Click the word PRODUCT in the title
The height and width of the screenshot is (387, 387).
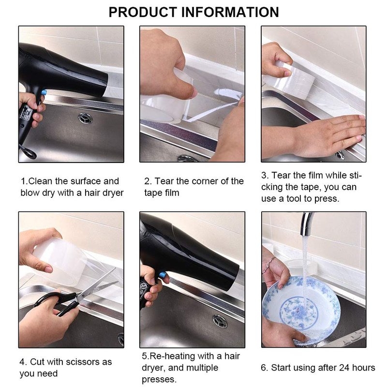(143, 12)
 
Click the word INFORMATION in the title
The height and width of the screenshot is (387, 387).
(230, 12)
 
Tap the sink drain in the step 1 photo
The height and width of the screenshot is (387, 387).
(86, 118)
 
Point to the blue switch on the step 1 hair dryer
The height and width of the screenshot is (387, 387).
(44, 93)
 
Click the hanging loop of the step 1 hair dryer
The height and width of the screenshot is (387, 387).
(29, 152)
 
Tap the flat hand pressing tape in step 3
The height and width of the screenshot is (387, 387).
(328, 137)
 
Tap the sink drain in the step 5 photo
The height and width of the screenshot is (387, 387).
(220, 321)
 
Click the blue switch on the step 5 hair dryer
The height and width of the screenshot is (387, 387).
(163, 275)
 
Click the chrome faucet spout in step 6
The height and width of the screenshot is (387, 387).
(307, 223)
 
